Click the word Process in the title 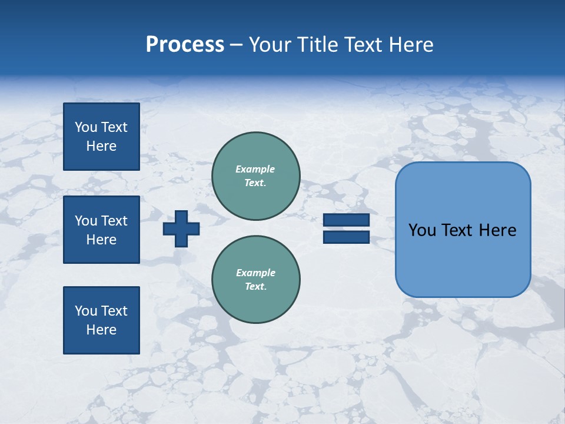(x=185, y=45)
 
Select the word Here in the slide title (x=412, y=45)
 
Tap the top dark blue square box (x=101, y=137)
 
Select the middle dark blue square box (x=101, y=230)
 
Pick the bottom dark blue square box (x=101, y=320)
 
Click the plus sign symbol (x=181, y=228)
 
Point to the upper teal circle (x=255, y=176)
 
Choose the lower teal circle (x=255, y=280)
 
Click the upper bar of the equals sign (x=346, y=220)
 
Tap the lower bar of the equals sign (x=346, y=237)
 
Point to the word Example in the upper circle (x=255, y=169)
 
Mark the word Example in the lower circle (x=255, y=273)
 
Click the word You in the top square (x=86, y=127)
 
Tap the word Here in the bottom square (x=101, y=330)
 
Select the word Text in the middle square (x=114, y=221)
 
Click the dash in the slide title (x=237, y=45)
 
